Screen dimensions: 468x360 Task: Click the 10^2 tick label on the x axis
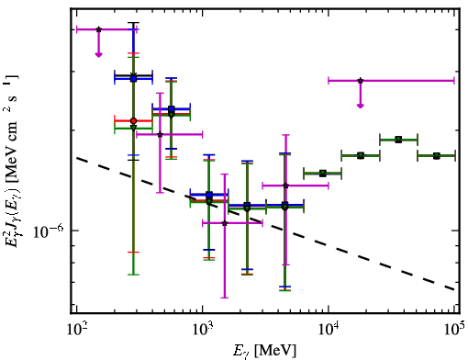coord(76,330)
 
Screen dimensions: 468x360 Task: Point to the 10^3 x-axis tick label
coord(203,330)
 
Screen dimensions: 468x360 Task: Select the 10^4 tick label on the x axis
coord(329,330)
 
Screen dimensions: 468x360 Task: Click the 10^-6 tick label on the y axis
coord(49,231)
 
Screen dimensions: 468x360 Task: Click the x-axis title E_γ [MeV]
coord(264,351)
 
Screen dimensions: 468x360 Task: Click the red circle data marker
coord(133,121)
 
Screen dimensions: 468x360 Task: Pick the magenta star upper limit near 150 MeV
coord(98,29)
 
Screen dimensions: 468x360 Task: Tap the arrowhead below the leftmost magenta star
coord(98,55)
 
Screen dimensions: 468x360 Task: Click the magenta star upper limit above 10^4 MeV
coord(361,81)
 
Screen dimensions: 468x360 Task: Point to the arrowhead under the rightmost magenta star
coord(361,106)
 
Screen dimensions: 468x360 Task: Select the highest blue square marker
coord(133,79)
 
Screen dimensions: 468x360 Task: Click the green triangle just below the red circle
coord(133,128)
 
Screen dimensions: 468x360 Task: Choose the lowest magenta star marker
coord(225,223)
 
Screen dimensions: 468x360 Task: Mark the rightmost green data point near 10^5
coord(437,156)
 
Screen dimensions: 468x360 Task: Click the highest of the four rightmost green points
coord(398,140)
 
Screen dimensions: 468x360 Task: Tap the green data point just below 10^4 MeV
coord(322,174)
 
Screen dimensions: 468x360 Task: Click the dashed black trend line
coord(265,224)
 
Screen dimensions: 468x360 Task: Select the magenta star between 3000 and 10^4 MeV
coord(285,186)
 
